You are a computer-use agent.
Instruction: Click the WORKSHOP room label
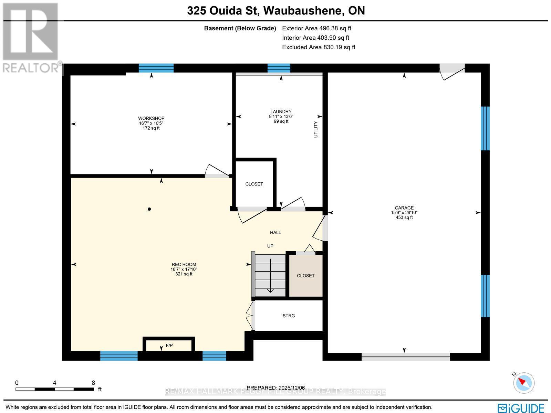151,118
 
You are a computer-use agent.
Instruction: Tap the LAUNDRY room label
281,111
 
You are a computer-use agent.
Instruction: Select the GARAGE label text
404,208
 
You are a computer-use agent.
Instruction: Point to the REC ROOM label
184,264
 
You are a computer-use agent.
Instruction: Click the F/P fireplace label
169,345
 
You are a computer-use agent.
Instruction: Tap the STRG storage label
289,315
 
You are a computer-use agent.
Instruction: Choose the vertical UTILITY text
316,130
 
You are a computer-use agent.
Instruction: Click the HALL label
275,232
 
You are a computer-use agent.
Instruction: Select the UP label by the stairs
270,246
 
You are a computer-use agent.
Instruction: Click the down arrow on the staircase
271,290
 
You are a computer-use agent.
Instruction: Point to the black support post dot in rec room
149,209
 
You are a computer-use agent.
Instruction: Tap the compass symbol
524,382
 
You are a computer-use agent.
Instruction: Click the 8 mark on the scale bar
93,382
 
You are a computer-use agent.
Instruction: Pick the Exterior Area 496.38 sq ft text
316,28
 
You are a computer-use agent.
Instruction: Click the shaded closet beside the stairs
306,275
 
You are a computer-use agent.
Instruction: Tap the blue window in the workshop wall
156,68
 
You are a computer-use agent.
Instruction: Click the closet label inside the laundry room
254,184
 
